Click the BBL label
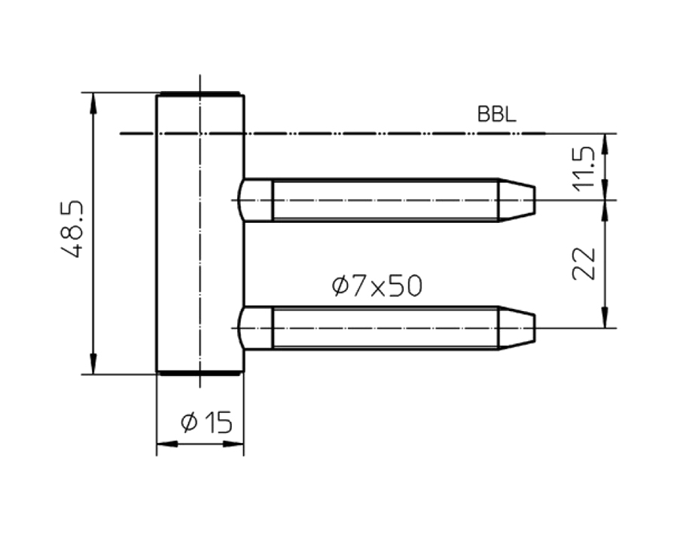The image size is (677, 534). tap(496, 115)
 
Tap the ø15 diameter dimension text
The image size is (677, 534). tap(206, 423)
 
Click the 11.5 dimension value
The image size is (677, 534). tap(584, 168)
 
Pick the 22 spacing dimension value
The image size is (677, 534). tap(584, 264)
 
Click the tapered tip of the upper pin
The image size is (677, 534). tap(516, 200)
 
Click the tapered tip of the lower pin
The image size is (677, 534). tap(516, 328)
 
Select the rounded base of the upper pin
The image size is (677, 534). tap(255, 200)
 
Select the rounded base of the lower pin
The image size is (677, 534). tap(255, 328)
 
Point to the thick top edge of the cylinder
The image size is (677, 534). tap(199, 94)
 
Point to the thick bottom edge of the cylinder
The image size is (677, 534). tap(199, 373)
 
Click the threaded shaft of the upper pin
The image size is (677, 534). tap(384, 200)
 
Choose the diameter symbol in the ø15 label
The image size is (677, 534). tap(188, 424)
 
